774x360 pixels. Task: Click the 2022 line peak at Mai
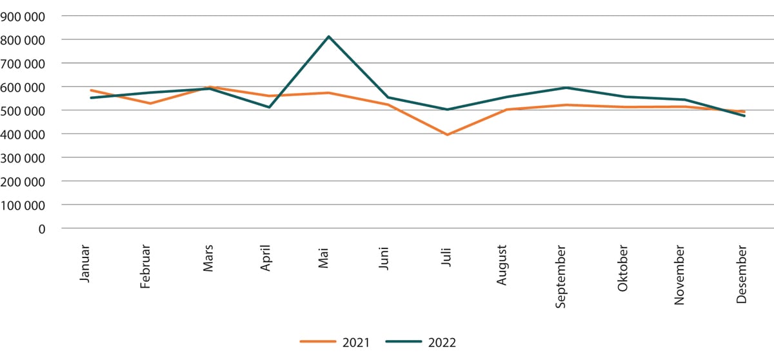pyautogui.click(x=328, y=37)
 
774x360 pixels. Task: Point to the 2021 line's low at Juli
pyautogui.click(x=447, y=134)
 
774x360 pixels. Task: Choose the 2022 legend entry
pyautogui.click(x=421, y=343)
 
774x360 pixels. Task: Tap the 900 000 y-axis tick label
pyautogui.click(x=24, y=16)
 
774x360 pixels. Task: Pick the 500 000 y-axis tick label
pyautogui.click(x=24, y=110)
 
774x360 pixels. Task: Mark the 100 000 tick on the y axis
pyautogui.click(x=24, y=205)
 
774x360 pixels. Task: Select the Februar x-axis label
pyautogui.click(x=145, y=266)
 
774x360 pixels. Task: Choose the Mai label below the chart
pyautogui.click(x=324, y=257)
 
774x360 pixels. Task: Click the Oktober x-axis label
pyautogui.click(x=622, y=267)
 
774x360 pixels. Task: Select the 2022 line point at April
pyautogui.click(x=269, y=107)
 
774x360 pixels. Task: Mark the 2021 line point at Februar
pyautogui.click(x=150, y=103)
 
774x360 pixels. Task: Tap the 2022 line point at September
pyautogui.click(x=566, y=88)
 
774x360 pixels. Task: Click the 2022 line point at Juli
pyautogui.click(x=447, y=110)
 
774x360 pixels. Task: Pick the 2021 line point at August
pyautogui.click(x=506, y=110)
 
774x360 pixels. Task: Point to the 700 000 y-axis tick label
pyautogui.click(x=24, y=63)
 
